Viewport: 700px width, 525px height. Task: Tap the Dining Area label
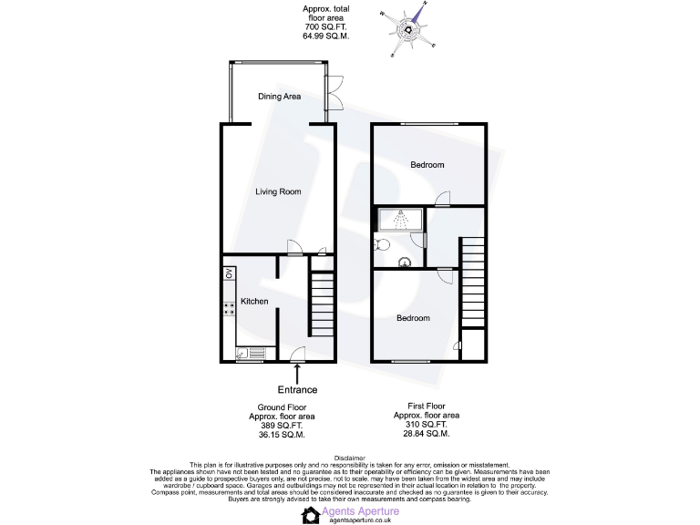pyautogui.click(x=279, y=96)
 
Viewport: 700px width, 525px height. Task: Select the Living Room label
pyautogui.click(x=277, y=191)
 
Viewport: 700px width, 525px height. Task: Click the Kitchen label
pyautogui.click(x=254, y=301)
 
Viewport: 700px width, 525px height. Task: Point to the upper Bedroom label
pyautogui.click(x=427, y=165)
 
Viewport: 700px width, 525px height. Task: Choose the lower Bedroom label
pyautogui.click(x=412, y=318)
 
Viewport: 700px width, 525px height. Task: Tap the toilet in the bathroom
pyautogui.click(x=382, y=243)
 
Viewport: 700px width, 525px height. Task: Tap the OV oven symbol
pyautogui.click(x=230, y=273)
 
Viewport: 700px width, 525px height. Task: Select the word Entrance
pyautogui.click(x=297, y=390)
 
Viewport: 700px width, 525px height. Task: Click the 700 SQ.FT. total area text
pyautogui.click(x=324, y=27)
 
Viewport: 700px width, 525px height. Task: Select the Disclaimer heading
pyautogui.click(x=349, y=458)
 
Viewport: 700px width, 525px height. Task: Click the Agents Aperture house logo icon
pyautogui.click(x=311, y=514)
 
